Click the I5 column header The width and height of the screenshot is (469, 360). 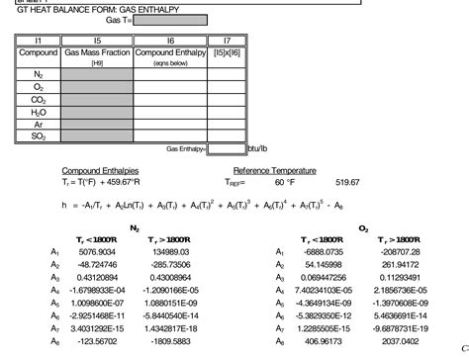(97, 41)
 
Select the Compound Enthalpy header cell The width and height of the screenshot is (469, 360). (170, 51)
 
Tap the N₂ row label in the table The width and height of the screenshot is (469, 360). (39, 74)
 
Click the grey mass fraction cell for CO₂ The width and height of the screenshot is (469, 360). (97, 99)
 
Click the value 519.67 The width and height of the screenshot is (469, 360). (348, 182)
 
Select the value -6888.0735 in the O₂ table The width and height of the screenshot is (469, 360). (324, 252)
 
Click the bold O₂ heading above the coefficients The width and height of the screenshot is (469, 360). (364, 228)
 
